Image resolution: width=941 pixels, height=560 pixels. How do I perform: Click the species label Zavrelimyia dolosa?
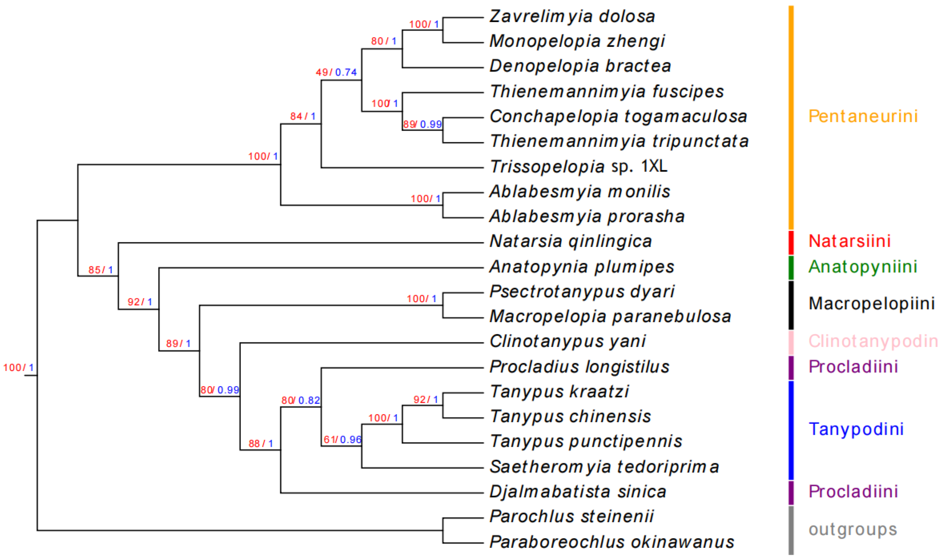[572, 17]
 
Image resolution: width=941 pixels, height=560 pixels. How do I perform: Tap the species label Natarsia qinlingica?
[571, 242]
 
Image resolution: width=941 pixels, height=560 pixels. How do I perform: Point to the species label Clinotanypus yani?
[567, 342]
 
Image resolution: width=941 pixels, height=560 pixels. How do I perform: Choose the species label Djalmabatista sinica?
[578, 492]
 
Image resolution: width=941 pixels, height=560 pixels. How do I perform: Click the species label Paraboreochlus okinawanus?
[612, 542]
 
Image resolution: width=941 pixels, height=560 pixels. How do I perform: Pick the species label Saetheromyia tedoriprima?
[604, 467]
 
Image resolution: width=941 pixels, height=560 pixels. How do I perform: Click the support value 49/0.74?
[336, 72]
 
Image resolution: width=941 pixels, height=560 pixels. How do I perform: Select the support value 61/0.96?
[342, 440]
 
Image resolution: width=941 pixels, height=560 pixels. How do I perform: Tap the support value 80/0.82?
[301, 400]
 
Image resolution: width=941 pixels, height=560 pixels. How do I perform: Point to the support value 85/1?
[101, 270]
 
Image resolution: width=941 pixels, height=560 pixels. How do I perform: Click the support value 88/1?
[261, 443]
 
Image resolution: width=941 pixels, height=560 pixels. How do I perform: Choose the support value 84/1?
[302, 116]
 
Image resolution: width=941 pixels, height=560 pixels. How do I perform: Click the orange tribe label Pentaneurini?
[863, 116]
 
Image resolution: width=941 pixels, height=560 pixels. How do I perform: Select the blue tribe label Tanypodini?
[856, 429]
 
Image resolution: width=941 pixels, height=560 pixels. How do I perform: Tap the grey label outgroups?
[853, 529]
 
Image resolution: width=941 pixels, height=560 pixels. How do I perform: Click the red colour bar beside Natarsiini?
[791, 242]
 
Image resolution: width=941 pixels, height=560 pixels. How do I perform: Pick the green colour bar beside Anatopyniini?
[791, 267]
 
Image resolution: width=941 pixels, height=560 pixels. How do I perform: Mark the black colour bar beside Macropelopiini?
[791, 304]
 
